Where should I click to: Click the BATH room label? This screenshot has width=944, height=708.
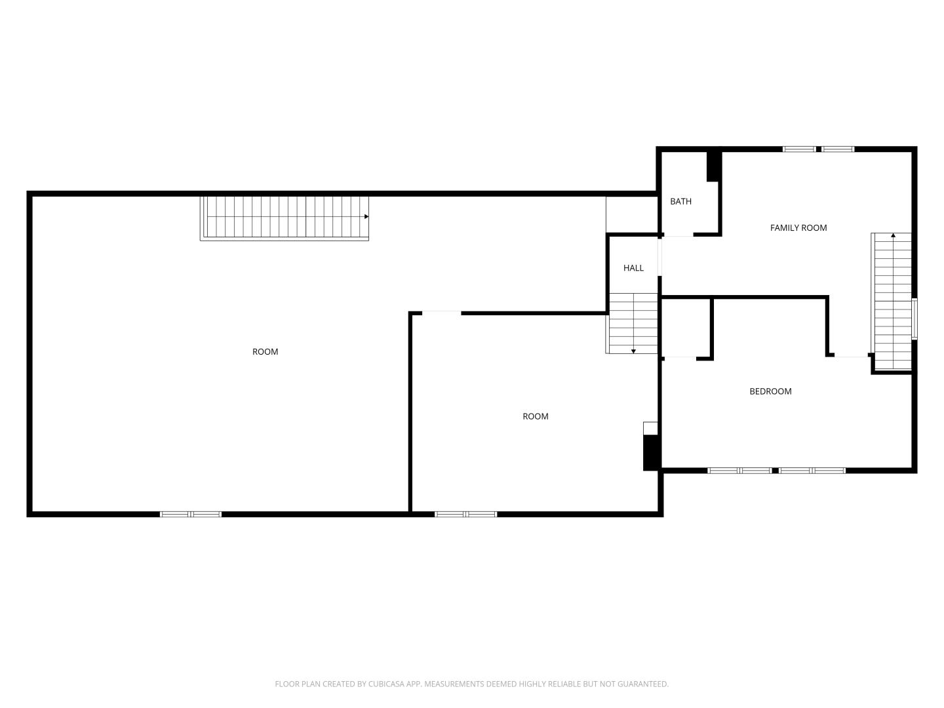coord(680,201)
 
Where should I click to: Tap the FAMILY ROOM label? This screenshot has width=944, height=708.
coord(798,228)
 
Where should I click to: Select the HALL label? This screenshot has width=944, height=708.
coord(633,268)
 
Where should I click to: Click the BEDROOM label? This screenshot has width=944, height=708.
coord(770,391)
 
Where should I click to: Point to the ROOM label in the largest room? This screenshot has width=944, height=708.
coord(265,351)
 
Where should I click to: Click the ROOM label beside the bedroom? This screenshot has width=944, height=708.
coord(535,416)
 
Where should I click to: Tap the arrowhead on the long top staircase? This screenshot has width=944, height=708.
coord(366,216)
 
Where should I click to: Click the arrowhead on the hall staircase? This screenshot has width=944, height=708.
coord(633,351)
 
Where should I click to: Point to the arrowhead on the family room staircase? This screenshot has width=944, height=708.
coord(893,235)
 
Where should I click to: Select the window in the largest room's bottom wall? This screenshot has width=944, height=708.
coord(191,514)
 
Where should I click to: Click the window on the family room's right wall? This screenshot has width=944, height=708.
coord(914,319)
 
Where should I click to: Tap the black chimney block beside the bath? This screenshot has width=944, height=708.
coord(713,167)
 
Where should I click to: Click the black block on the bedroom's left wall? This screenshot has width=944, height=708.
coord(651,452)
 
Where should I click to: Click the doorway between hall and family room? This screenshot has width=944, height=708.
coord(659,257)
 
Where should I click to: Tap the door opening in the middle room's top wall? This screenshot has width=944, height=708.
coord(441,313)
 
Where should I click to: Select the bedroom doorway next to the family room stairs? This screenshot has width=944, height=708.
coord(851,355)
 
